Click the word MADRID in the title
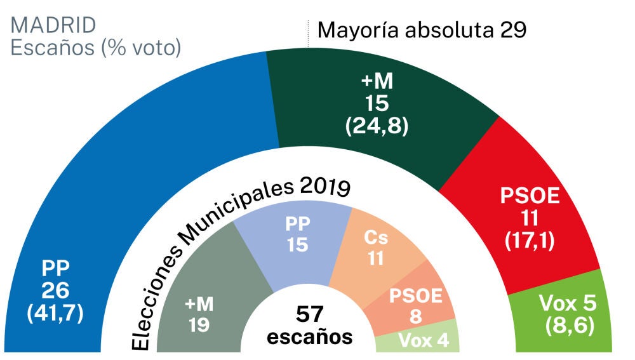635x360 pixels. tap(53, 25)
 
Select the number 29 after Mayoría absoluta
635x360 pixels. tap(513, 29)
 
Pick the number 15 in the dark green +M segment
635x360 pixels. tap(376, 103)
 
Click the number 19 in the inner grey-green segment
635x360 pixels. tap(199, 326)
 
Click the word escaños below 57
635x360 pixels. tap(310, 337)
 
